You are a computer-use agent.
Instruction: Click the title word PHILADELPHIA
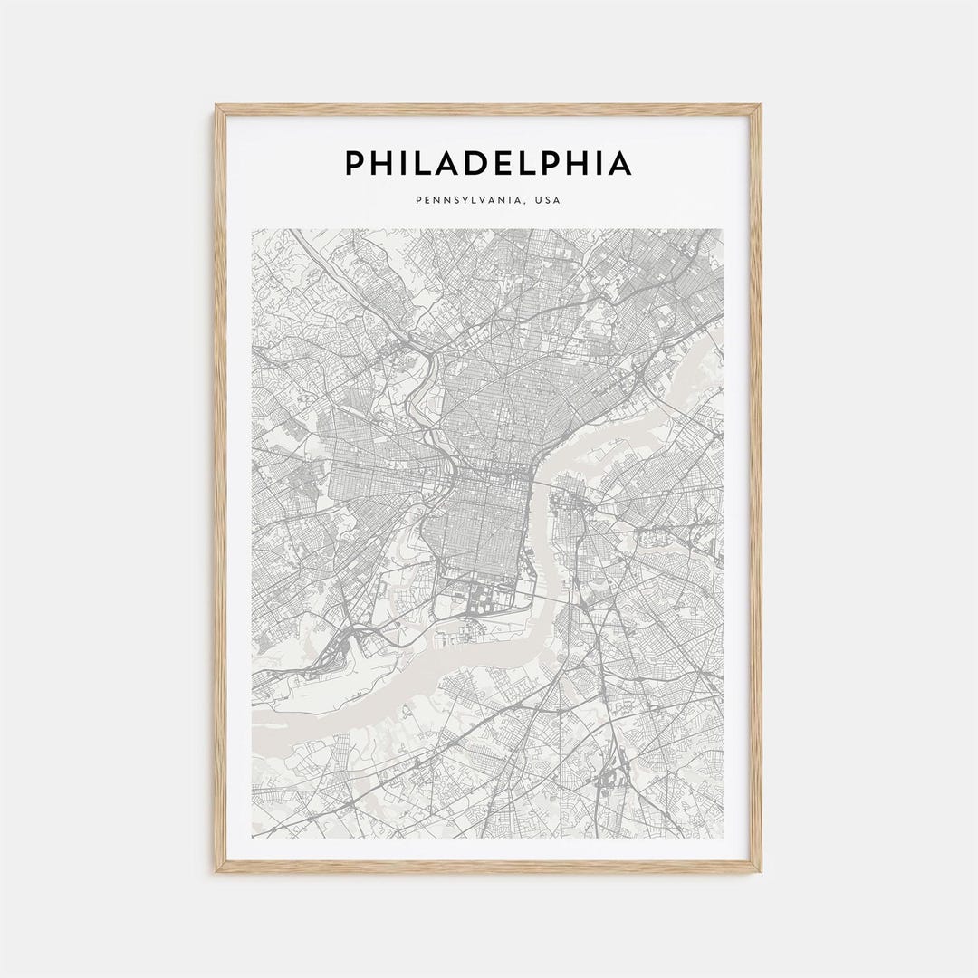[x=487, y=163]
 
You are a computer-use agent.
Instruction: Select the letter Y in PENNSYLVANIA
[x=461, y=200]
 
